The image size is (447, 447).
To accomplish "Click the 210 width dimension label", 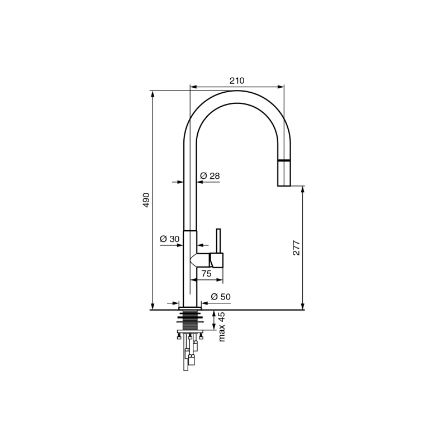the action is point(237,80).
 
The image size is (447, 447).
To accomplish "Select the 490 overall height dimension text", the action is point(146,200).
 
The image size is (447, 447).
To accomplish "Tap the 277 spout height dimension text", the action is point(297,248).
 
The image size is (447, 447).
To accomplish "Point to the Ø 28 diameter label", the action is point(210,176).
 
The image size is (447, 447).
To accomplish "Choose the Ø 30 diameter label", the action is point(170,239).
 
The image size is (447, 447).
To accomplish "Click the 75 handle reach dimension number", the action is point(206,273).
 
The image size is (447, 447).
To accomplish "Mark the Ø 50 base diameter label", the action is point(221,297).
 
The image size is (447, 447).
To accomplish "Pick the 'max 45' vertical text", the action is point(222,327).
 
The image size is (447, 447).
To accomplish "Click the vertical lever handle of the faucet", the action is point(218,241).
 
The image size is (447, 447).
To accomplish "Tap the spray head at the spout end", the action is point(284,173).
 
